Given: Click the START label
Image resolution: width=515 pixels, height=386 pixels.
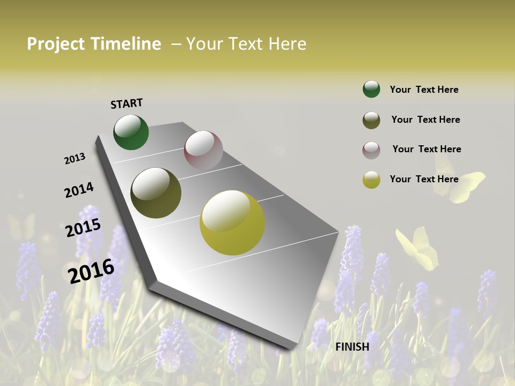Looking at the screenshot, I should coord(127,103).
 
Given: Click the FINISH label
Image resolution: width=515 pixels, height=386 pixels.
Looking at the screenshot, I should coord(352,347).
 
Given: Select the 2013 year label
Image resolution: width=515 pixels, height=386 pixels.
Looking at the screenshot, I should coord(75,159).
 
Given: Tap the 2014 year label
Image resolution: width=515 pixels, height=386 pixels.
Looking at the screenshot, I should coord(79,190).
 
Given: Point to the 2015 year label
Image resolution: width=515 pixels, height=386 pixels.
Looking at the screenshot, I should coord(83,228).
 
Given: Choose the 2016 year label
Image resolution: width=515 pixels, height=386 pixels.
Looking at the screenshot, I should coord(91,271).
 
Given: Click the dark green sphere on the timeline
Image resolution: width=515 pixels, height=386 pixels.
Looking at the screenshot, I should coord(131,132).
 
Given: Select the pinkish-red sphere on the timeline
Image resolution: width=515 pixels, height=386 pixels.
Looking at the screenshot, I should coord(203,150).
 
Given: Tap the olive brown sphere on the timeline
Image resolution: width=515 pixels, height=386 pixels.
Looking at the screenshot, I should coord(156,193).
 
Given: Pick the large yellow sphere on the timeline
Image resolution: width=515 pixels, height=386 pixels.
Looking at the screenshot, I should coord(232,222).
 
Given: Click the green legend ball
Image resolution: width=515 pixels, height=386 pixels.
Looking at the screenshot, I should coord(371,90).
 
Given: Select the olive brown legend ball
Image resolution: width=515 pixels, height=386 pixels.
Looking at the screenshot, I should coord(371,120).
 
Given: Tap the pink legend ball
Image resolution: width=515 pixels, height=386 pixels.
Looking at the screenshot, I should coord(371,150).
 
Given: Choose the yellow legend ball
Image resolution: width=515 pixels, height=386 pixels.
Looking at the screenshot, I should coord(371,180).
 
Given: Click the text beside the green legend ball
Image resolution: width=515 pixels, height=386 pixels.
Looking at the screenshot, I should coord(424,90).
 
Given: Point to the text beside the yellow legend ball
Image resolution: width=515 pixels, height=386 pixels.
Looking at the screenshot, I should coord(424,179).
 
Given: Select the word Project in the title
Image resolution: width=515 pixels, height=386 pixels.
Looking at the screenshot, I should coord(56,44).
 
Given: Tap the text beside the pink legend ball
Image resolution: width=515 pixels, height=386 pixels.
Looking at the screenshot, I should coord(426,149).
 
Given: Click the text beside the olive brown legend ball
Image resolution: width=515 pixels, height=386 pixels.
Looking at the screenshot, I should coord(425,120).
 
